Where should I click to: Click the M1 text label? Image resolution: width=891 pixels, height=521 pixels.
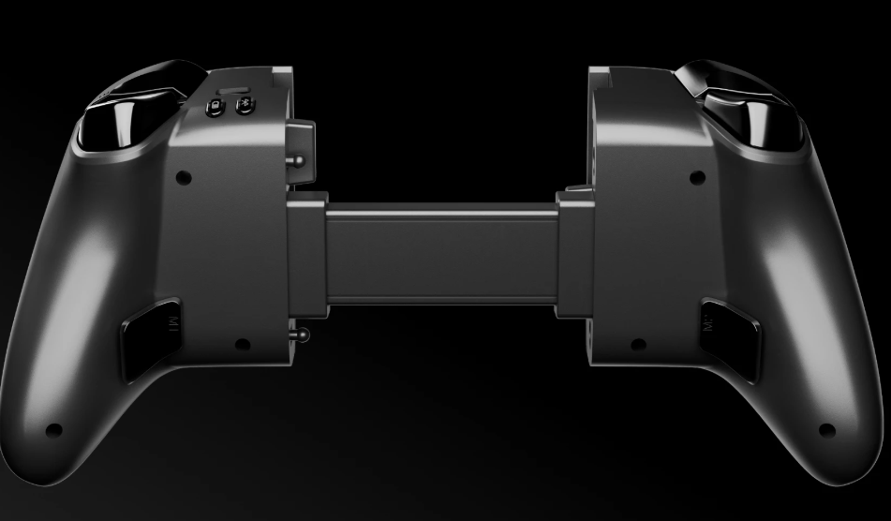point(171,324)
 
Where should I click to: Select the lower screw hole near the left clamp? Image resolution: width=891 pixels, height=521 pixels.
point(242,344)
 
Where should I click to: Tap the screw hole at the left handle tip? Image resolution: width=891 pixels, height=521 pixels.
point(54,430)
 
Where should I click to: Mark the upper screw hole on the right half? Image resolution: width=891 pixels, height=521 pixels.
point(695,176)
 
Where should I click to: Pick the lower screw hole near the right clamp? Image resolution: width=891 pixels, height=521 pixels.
point(637,344)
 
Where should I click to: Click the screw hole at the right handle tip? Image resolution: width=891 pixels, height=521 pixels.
point(826,430)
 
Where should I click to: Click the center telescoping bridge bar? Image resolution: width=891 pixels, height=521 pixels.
point(440,252)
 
